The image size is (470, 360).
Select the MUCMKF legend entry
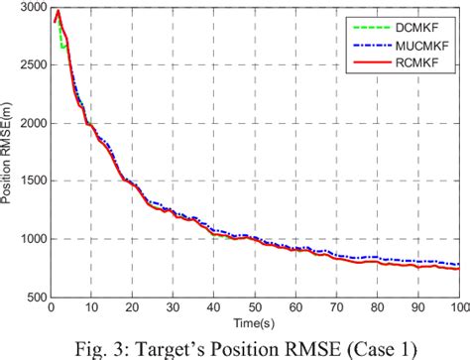click(x=423, y=43)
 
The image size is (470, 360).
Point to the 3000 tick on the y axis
click(x=30, y=8)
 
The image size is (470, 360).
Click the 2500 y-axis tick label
click(x=30, y=65)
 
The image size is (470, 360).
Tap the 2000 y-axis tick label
click(x=30, y=124)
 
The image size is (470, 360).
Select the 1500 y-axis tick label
click(x=30, y=181)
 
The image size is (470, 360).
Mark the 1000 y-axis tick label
click(x=30, y=239)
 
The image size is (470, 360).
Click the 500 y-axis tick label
click(x=34, y=297)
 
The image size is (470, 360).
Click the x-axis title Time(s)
click(x=254, y=323)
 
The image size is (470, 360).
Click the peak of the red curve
click(x=58, y=12)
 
